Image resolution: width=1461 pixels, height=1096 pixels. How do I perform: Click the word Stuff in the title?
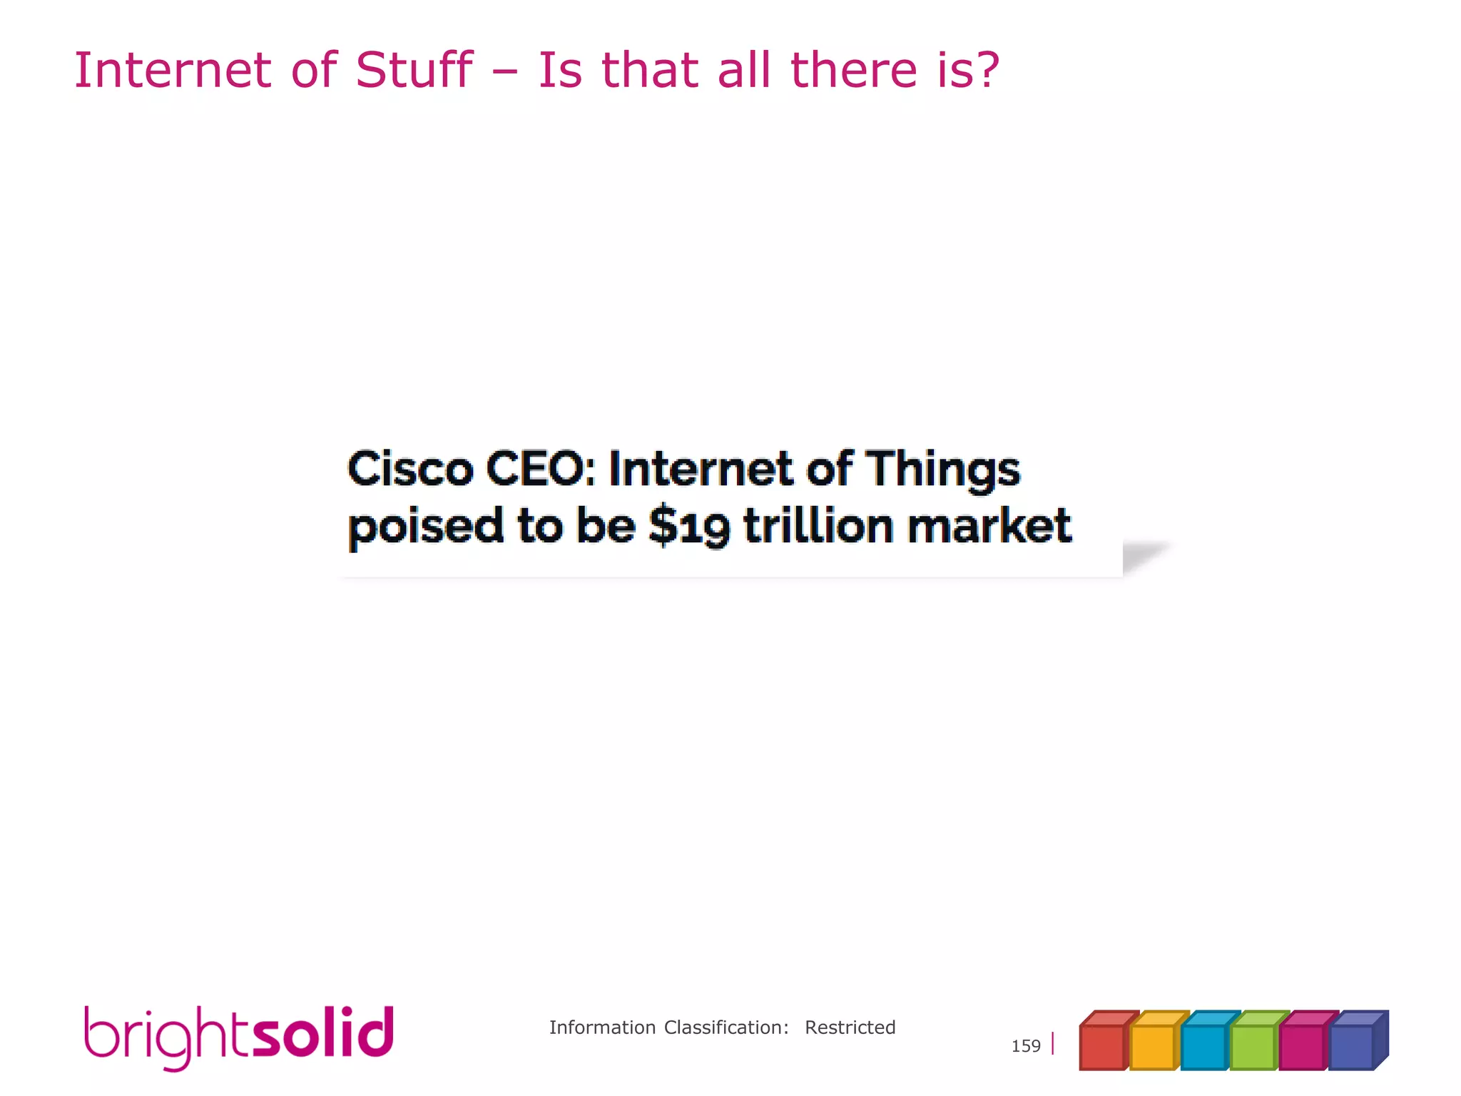coord(414,71)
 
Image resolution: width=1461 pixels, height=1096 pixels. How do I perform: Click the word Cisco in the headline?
coord(410,470)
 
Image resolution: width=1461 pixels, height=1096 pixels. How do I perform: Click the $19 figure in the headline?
coord(689,527)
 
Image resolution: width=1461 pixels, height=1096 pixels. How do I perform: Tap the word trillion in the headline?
coord(818,526)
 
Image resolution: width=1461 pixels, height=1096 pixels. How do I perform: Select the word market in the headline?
coord(989,526)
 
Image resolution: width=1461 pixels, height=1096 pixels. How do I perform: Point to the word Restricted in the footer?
coord(850,1027)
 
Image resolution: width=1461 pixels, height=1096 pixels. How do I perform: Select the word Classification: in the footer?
coord(726,1027)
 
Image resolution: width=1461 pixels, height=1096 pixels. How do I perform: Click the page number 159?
coord(1025,1046)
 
